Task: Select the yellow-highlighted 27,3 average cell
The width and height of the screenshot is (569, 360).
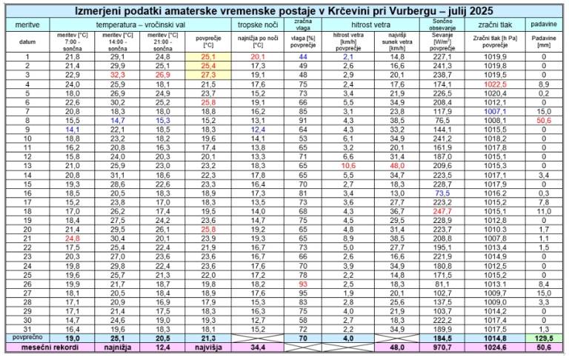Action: (x=208, y=76)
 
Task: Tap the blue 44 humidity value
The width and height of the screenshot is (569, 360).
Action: (x=302, y=57)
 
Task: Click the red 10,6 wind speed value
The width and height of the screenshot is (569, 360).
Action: (x=349, y=165)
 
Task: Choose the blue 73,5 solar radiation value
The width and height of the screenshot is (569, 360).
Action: (x=442, y=193)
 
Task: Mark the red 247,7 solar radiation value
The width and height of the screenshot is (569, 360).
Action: (x=442, y=212)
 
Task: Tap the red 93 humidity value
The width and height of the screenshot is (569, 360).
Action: (x=302, y=284)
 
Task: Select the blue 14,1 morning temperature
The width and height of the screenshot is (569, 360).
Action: (x=73, y=129)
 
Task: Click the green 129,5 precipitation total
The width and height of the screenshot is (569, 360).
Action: (x=544, y=338)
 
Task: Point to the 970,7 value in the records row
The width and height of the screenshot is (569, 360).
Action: (x=442, y=347)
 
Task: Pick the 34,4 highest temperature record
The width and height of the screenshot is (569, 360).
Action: (x=258, y=347)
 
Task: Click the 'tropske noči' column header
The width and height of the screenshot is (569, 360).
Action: (x=258, y=25)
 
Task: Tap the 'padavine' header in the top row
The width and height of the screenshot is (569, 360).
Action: (x=544, y=25)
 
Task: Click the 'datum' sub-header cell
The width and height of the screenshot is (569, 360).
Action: (x=27, y=42)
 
